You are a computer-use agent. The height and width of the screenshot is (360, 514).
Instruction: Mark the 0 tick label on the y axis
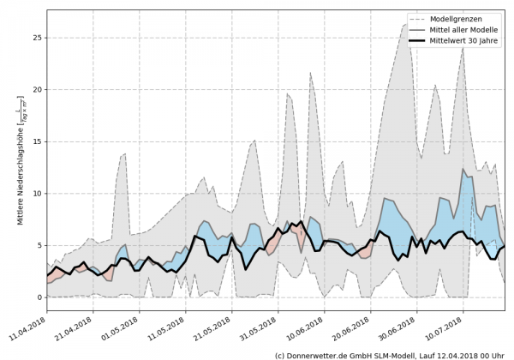[39, 297]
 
